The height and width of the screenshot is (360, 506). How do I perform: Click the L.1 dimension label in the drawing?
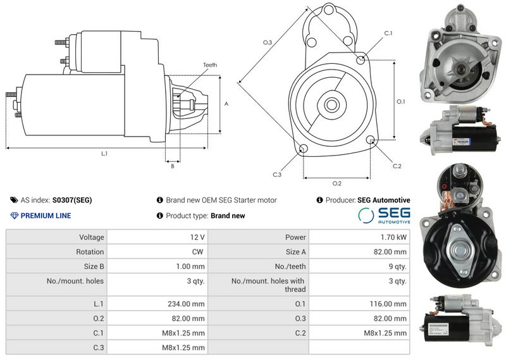click(104, 154)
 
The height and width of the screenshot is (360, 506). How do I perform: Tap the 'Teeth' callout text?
click(210, 65)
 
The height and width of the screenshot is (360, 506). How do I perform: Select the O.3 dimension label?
click(268, 42)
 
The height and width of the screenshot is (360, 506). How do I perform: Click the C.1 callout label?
click(388, 33)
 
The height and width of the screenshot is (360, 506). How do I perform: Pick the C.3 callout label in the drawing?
click(277, 174)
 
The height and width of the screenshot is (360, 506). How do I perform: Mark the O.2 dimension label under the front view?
click(337, 183)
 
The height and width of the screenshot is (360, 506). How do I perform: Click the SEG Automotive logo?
click(384, 215)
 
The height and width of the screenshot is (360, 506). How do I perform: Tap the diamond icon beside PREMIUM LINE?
click(15, 216)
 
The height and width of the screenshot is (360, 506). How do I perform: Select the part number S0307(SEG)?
click(72, 200)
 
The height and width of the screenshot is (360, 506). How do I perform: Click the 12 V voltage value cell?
click(197, 237)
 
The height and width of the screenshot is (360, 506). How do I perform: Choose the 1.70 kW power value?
click(393, 237)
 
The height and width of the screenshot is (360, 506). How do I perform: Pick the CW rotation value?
click(199, 252)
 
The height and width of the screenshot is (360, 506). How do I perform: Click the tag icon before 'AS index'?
click(14, 200)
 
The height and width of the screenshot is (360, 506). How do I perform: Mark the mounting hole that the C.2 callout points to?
click(371, 140)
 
